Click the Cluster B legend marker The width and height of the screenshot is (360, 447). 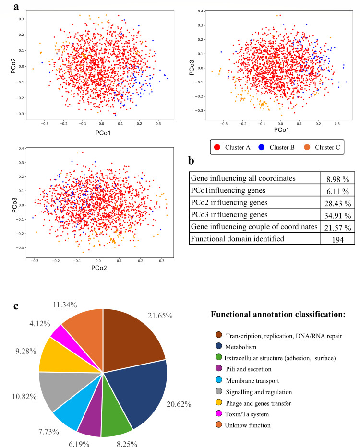click(x=261, y=147)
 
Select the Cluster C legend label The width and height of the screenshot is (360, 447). click(x=327, y=147)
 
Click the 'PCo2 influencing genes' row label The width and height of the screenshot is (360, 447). click(x=229, y=202)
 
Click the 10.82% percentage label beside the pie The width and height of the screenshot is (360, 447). click(x=24, y=396)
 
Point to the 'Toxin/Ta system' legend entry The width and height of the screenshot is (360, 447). click(x=247, y=414)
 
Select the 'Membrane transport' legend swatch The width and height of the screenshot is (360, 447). click(x=219, y=380)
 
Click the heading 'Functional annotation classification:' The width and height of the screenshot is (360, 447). click(x=278, y=314)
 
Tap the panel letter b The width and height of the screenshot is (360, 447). click(x=191, y=161)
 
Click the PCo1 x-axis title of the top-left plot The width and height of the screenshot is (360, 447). click(x=103, y=133)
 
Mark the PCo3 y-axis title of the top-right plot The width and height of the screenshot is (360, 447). click(x=192, y=68)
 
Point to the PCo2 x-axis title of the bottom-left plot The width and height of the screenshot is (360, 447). click(x=99, y=268)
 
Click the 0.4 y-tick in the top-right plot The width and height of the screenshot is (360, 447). click(x=200, y=12)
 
